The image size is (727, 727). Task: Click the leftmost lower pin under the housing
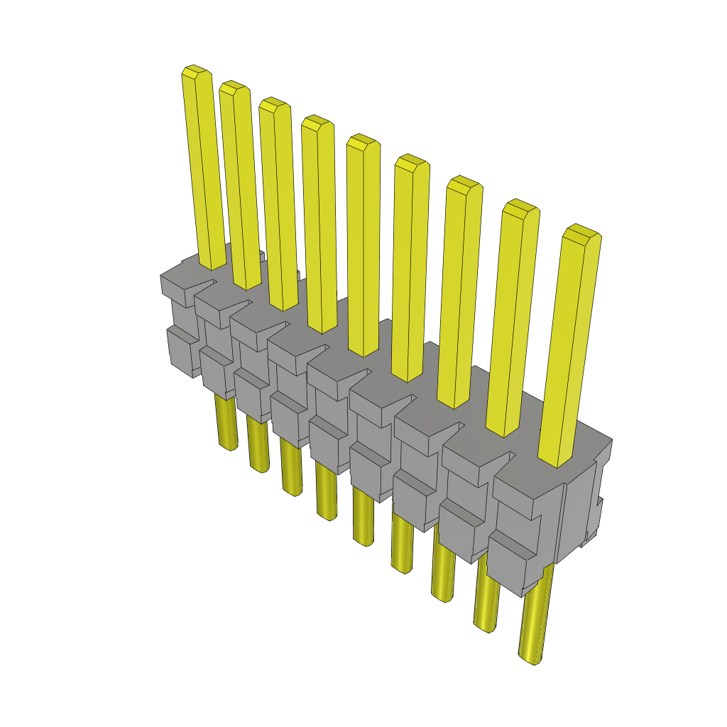(226, 423)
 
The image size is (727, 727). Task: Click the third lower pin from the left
(291, 469)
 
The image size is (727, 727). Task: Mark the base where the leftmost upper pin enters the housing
(212, 264)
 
